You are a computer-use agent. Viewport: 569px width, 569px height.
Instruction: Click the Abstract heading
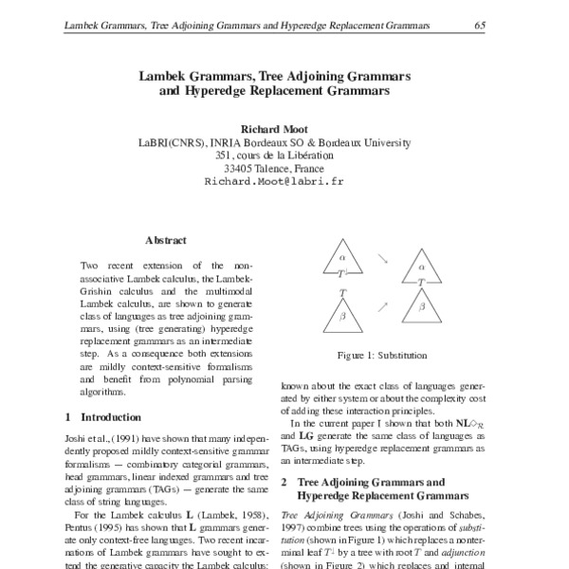coord(165,242)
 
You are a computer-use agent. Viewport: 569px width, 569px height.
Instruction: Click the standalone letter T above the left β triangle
coord(340,293)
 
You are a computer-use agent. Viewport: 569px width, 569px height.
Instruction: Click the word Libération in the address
coord(322,155)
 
